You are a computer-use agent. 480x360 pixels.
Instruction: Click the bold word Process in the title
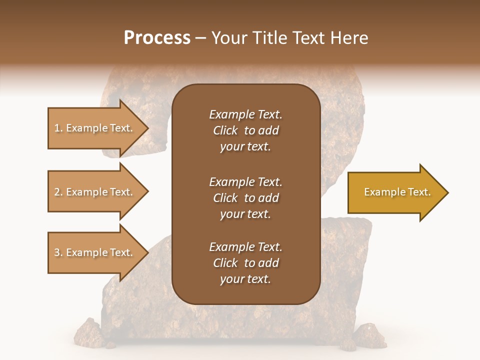coord(157,38)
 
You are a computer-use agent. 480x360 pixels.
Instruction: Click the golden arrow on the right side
coord(395,192)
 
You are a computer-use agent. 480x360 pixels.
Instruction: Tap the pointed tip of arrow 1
coord(147,128)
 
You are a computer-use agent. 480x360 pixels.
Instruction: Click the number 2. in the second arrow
coord(58,192)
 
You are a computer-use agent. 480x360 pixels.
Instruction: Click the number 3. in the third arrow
coord(58,252)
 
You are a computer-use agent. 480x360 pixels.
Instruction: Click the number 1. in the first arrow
coord(58,128)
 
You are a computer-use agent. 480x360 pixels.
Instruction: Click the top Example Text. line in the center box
coord(245,114)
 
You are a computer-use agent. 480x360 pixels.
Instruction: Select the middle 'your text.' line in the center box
coord(245,214)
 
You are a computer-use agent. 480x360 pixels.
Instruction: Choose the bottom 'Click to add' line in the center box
coord(245,263)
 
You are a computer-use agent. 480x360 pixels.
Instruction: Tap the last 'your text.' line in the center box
coord(245,279)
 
